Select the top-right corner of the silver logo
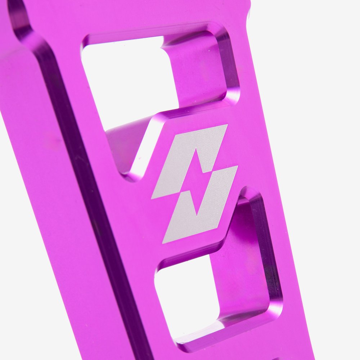tap(227, 125)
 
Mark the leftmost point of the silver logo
tap(152, 198)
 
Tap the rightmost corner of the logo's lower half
tap(238, 166)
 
